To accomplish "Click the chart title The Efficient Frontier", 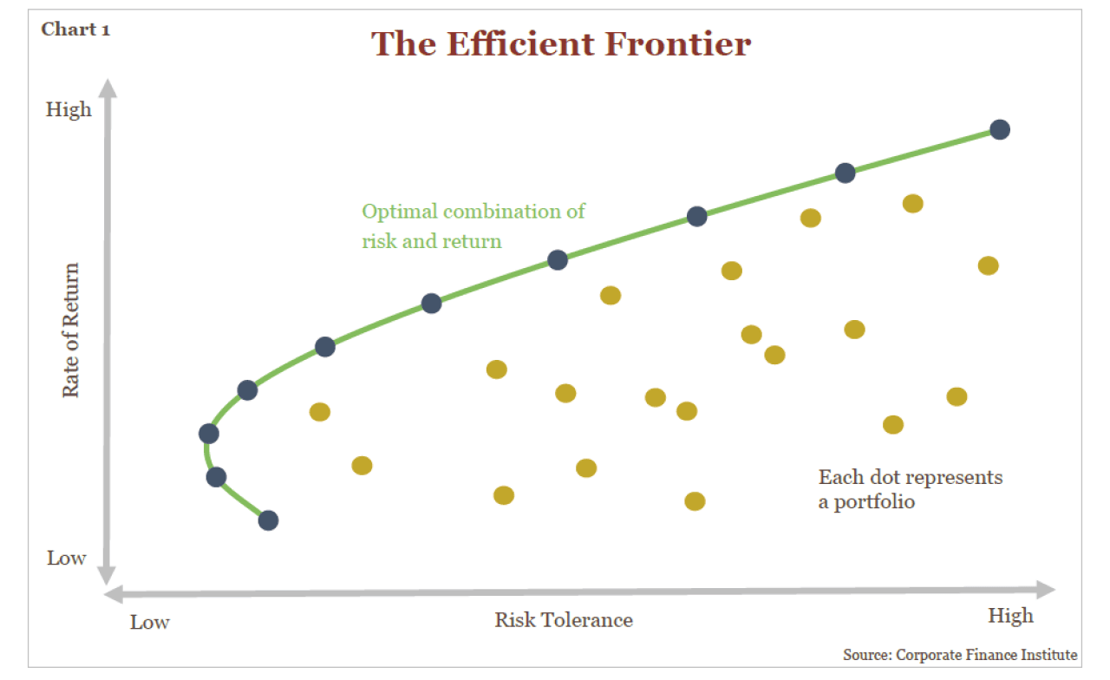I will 561,43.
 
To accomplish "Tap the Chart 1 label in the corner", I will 75,29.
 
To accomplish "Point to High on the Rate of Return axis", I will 69,110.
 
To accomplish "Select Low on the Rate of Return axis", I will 67,558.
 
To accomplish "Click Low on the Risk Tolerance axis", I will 150,622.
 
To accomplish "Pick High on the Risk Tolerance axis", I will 1010,615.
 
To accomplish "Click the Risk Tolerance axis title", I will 564,619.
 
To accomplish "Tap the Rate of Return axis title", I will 70,330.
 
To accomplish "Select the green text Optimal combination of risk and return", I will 473,226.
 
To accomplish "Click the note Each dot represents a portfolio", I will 910,489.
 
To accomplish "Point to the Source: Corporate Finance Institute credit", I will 960,655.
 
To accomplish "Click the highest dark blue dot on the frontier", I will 1000,129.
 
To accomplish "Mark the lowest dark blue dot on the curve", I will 268,520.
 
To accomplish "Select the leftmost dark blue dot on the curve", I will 208,433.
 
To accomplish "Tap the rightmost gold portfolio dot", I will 989,265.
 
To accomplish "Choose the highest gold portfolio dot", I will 912,204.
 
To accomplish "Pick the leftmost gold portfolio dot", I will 320,412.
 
